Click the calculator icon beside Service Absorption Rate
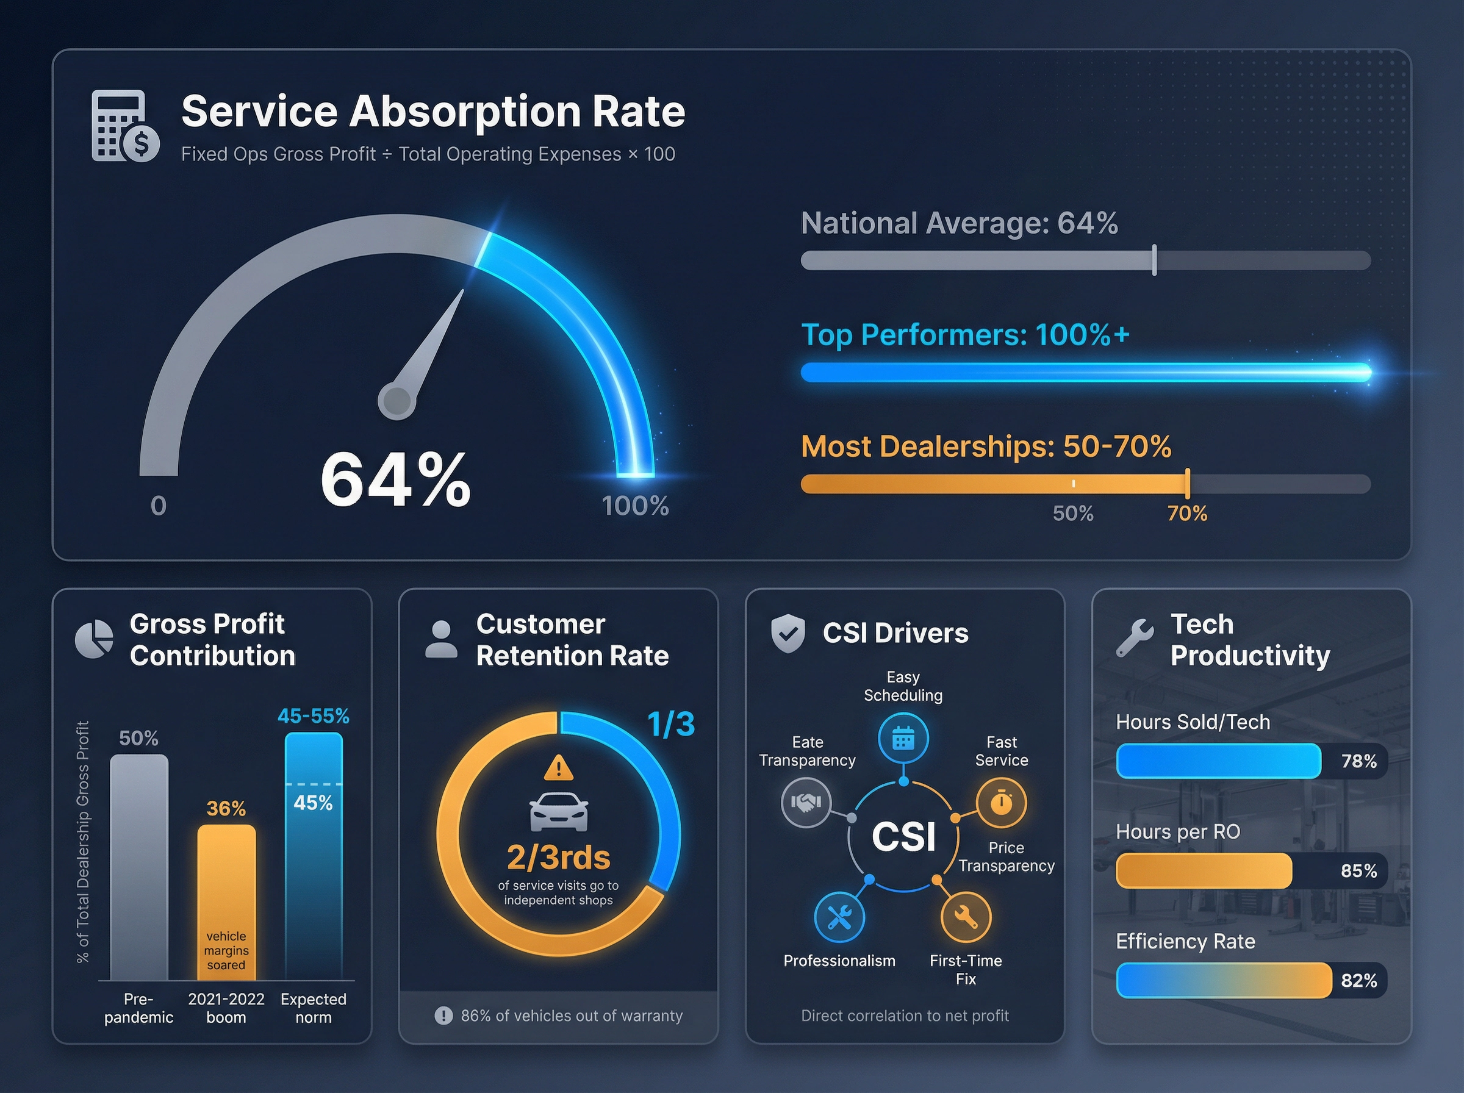click(124, 126)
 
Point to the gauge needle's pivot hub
click(396, 400)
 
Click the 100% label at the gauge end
click(635, 506)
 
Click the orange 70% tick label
click(1187, 514)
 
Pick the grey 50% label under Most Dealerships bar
click(1072, 514)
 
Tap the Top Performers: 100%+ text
click(964, 335)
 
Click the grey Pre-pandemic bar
click(139, 867)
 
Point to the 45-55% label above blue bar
click(313, 716)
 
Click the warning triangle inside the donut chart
click(558, 768)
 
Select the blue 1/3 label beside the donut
click(671, 724)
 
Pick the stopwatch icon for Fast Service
click(1001, 803)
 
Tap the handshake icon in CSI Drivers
click(806, 803)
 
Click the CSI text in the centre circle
click(903, 836)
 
